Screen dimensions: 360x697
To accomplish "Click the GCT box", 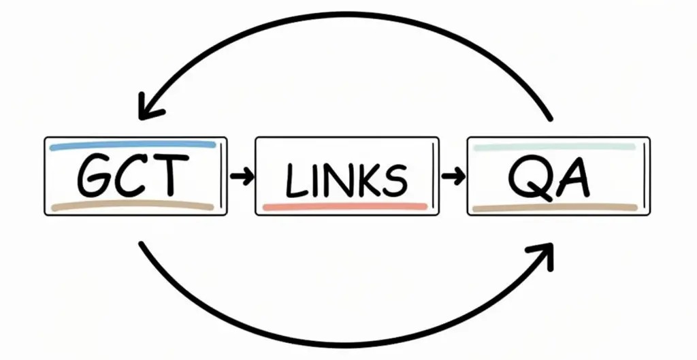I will pyautogui.click(x=135, y=176).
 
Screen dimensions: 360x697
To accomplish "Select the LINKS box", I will pyautogui.click(x=347, y=176).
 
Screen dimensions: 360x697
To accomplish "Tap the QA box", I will pyautogui.click(x=558, y=176).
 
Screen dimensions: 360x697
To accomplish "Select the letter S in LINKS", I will pyautogui.click(x=393, y=180).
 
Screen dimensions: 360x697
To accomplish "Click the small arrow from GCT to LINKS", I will pyautogui.click(x=241, y=177).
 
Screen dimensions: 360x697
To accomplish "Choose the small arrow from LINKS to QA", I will pyautogui.click(x=453, y=177).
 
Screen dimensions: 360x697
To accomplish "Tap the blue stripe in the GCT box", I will pyautogui.click(x=133, y=146).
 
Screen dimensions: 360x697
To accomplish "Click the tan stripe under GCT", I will pyautogui.click(x=133, y=206).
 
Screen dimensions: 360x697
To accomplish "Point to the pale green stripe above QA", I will pyautogui.click(x=554, y=146).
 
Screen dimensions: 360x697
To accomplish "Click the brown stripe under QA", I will pyautogui.click(x=554, y=208).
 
